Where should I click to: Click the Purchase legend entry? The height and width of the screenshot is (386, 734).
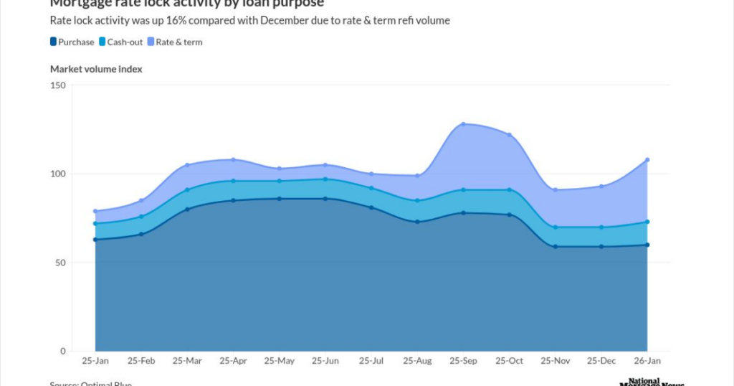(x=72, y=42)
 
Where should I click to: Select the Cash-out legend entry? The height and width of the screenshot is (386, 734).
(x=120, y=42)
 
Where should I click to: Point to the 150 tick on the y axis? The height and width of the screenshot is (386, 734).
(x=58, y=85)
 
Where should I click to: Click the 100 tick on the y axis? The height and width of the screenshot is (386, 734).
(x=58, y=174)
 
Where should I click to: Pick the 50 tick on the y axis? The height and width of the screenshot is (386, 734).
(x=60, y=263)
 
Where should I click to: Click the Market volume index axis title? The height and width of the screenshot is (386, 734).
(x=96, y=69)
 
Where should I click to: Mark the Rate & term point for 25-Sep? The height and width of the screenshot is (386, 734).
(x=464, y=124)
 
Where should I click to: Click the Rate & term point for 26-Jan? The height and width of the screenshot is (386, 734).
(x=647, y=159)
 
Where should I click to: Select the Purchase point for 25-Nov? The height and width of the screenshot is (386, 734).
(x=556, y=247)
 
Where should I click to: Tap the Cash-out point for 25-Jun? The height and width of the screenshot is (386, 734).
(x=325, y=179)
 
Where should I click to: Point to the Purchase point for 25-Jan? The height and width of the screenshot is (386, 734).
(x=95, y=240)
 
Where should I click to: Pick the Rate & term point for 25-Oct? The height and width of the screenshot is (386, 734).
(x=510, y=135)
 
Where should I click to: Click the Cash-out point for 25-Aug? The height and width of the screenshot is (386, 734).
(x=417, y=200)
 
